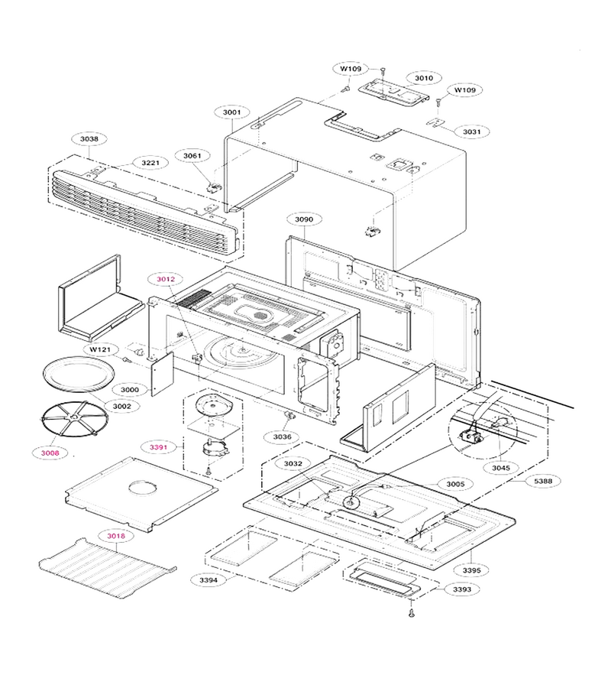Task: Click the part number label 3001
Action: (x=231, y=112)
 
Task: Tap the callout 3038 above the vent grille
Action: (x=89, y=139)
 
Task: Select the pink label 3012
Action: (x=166, y=279)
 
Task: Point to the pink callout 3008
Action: (x=50, y=453)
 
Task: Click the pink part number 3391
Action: (x=158, y=447)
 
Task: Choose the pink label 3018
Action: (x=116, y=536)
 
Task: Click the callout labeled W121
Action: (x=100, y=349)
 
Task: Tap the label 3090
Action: (x=304, y=219)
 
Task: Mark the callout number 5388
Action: (x=543, y=481)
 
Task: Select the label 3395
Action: (x=472, y=570)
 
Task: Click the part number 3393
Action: (x=462, y=589)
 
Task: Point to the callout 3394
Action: (x=209, y=580)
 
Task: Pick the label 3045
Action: (x=501, y=468)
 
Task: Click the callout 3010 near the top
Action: (x=424, y=78)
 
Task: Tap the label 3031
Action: (x=472, y=131)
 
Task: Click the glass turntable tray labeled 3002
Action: (x=79, y=374)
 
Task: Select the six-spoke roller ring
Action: (x=74, y=419)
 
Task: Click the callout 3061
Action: (x=192, y=156)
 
